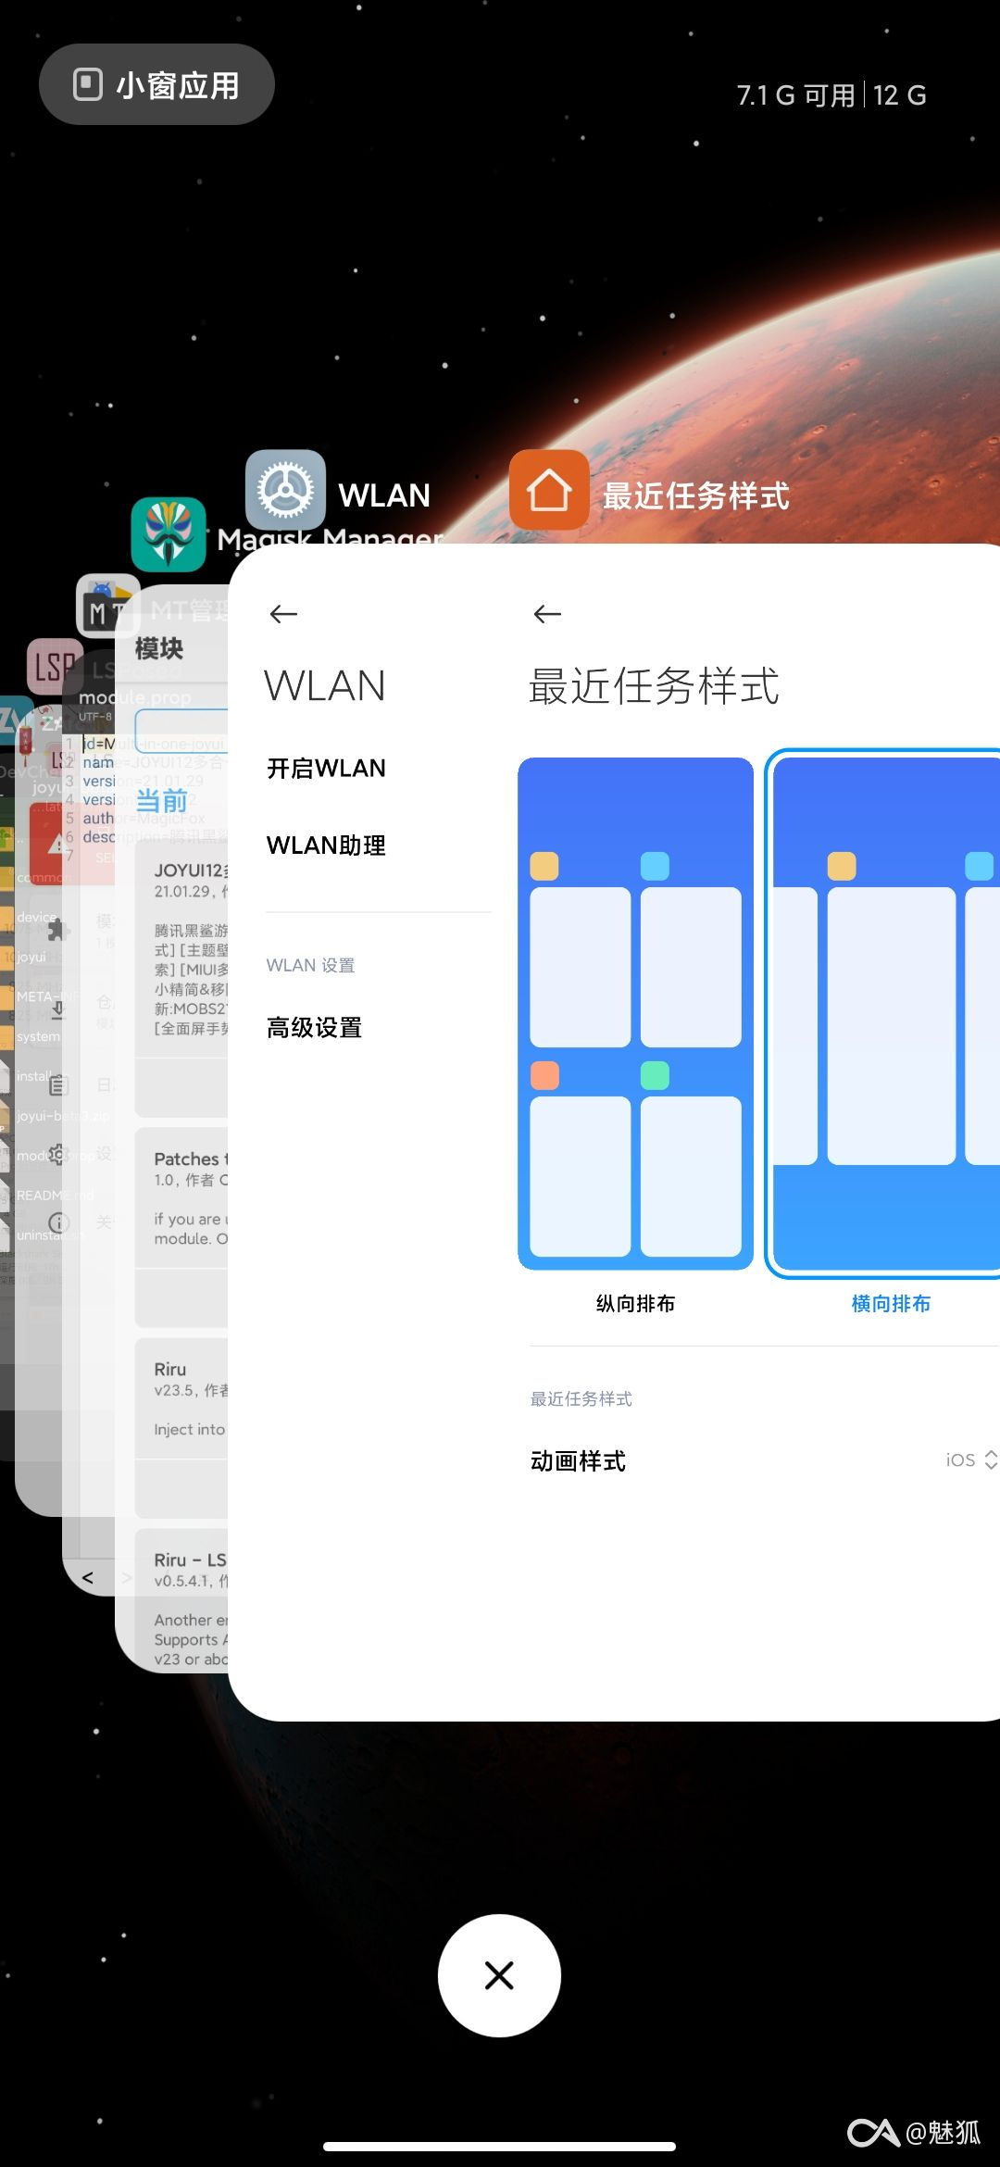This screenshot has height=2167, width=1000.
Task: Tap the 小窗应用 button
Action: click(156, 85)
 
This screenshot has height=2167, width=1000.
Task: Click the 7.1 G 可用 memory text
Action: click(795, 95)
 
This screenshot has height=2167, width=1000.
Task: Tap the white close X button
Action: click(499, 1975)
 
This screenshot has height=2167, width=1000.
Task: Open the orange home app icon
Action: click(549, 490)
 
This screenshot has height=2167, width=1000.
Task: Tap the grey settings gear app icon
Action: click(285, 490)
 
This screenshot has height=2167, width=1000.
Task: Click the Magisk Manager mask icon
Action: click(169, 534)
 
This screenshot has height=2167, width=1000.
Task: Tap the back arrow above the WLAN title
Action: click(283, 614)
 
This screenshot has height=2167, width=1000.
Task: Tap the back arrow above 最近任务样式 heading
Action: click(548, 614)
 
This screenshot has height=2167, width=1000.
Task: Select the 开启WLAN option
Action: click(326, 769)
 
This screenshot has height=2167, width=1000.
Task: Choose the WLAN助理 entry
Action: click(326, 846)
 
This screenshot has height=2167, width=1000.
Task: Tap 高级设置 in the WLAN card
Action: click(314, 1028)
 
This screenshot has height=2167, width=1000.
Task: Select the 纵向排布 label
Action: click(635, 1304)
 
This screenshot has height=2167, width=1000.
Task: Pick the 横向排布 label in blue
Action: click(891, 1304)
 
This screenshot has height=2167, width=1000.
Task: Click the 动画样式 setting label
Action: click(578, 1461)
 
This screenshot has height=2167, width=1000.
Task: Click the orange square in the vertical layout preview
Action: click(544, 1075)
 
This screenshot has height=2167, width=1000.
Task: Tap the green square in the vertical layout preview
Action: click(655, 1075)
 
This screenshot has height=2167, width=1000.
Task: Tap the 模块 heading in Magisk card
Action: click(159, 648)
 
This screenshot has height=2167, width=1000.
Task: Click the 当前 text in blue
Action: click(162, 801)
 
